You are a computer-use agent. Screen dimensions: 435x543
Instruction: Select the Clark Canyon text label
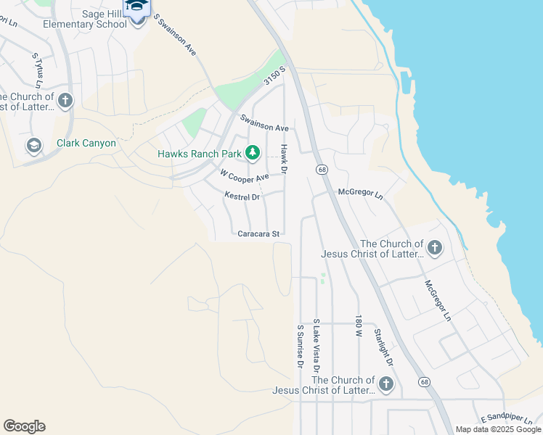pos(86,143)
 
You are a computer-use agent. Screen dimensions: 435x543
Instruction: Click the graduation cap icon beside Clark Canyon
pos(33,145)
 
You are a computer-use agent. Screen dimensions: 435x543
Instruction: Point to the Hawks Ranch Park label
pos(200,154)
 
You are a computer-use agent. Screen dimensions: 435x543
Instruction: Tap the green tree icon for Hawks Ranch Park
pos(253,153)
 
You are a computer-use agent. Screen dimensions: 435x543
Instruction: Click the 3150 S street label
pos(276,77)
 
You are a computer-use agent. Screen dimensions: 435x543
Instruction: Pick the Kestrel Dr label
pos(242,196)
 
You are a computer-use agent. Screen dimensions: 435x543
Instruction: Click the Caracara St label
pos(258,233)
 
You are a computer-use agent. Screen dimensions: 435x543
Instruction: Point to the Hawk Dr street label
pos(285,159)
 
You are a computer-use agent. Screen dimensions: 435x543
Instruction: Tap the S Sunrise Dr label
pos(299,347)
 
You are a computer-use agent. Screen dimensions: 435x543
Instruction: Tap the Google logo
pos(24,426)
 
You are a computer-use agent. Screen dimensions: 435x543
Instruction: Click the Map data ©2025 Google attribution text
pos(498,429)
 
